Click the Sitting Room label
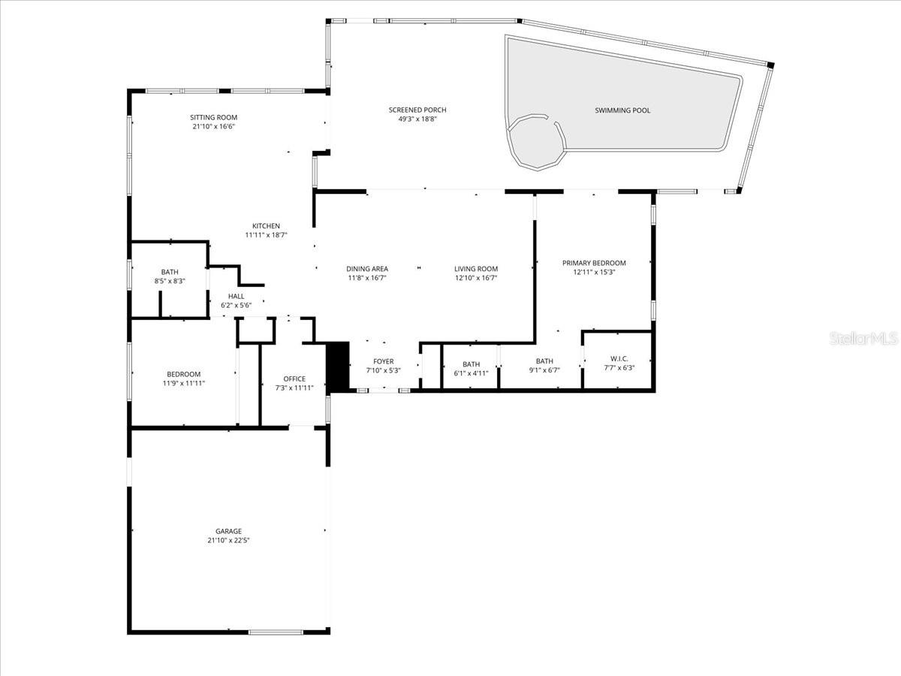213,117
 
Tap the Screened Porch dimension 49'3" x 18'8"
417,119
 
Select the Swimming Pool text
622,110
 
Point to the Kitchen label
266,225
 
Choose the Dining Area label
366,269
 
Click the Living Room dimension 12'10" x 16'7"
476,278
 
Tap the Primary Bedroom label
594,263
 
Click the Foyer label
383,361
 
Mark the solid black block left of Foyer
339,367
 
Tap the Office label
294,379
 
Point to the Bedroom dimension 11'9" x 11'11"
184,383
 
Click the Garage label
228,531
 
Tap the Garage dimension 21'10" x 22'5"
228,540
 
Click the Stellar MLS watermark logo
863,339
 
